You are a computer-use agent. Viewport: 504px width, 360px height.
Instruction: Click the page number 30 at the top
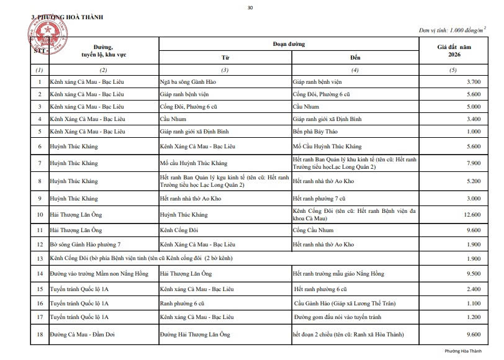click(250, 7)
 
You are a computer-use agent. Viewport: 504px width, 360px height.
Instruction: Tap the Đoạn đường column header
click(289, 44)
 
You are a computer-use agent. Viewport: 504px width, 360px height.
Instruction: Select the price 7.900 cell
click(472, 163)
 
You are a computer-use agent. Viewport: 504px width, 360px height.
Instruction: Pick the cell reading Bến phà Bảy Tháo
click(313, 131)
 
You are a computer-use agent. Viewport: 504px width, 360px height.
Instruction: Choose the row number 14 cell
click(40, 274)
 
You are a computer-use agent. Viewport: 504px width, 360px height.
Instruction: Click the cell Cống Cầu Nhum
click(313, 230)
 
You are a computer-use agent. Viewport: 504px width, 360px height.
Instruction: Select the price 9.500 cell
click(472, 274)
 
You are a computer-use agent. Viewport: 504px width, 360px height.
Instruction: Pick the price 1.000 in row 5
click(472, 131)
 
